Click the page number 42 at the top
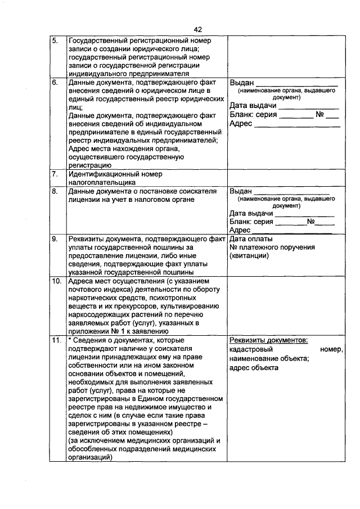click(197, 29)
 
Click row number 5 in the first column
click(55, 41)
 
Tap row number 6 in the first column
click(55, 83)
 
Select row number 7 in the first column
click(55, 174)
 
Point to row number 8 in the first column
click(55, 191)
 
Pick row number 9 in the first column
click(55, 239)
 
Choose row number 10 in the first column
click(56, 281)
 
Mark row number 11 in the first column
click(56, 341)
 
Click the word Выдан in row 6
click(242, 83)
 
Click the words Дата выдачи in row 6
click(253, 106)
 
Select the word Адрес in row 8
click(240, 230)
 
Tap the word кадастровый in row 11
click(250, 350)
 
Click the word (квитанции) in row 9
click(249, 256)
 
